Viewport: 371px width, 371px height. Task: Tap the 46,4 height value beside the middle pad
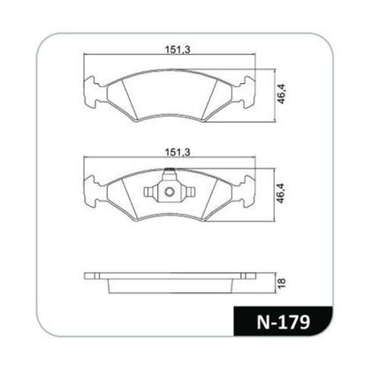[280, 191]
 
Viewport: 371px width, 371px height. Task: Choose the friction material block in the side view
[170, 284]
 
